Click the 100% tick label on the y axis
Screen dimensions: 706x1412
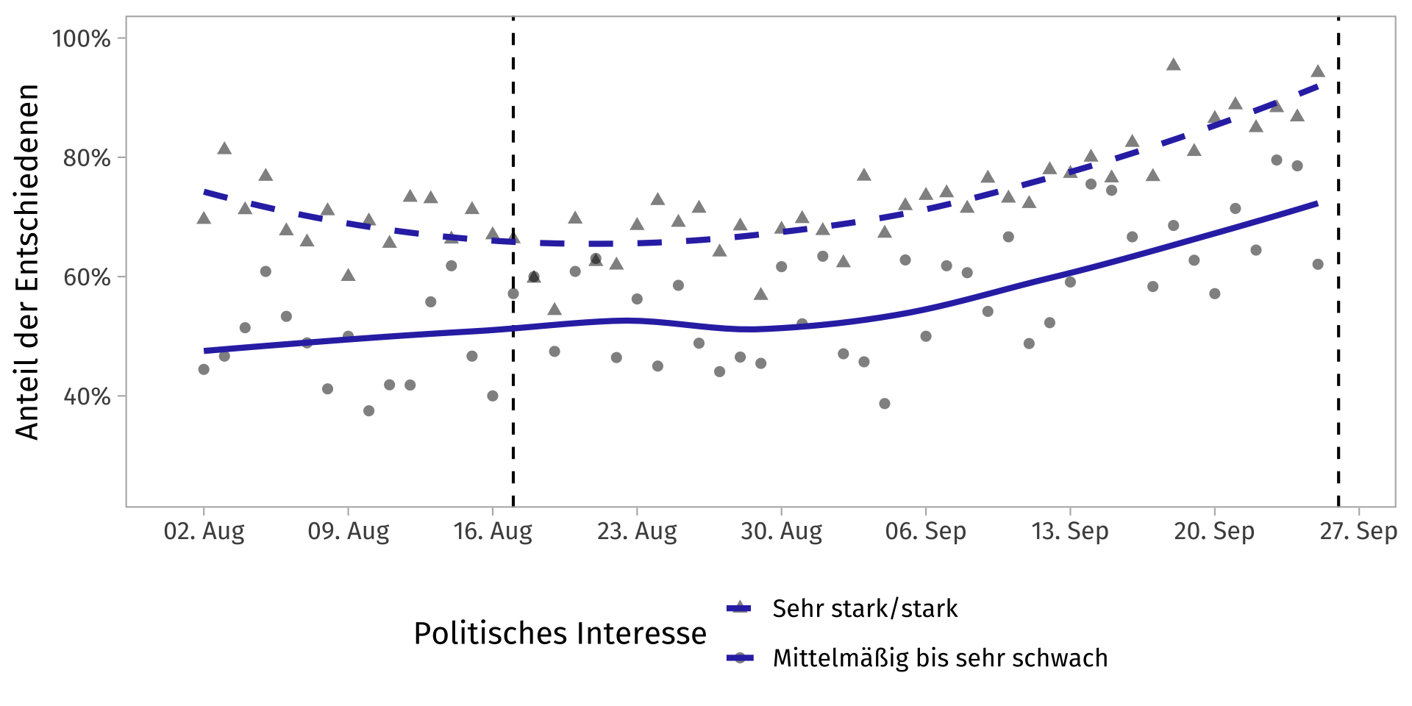[x=81, y=38]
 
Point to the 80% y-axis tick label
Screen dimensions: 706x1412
[x=87, y=158]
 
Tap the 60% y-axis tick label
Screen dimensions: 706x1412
[x=87, y=277]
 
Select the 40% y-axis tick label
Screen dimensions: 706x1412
[x=87, y=396]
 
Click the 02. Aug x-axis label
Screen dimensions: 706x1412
[x=204, y=531]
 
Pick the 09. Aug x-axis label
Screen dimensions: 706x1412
[x=348, y=531]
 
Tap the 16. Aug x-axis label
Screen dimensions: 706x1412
[x=493, y=531]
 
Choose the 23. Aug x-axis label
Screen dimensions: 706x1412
[x=637, y=531]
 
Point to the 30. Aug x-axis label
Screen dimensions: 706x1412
[x=781, y=531]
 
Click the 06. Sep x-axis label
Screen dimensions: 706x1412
[x=925, y=531]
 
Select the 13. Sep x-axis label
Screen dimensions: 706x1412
[x=1069, y=531]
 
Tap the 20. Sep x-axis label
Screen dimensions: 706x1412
[x=1213, y=531]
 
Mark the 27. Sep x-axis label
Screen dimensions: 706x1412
[x=1358, y=531]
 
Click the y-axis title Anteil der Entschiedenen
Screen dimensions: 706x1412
[x=27, y=262]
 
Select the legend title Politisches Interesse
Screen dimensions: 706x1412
[x=560, y=633]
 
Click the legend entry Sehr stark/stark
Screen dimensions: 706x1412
[x=865, y=609]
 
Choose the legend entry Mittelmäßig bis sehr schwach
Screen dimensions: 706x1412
[x=940, y=658]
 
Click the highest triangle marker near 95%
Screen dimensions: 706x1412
[x=1173, y=65]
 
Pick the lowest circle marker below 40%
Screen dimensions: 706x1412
[x=368, y=410]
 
